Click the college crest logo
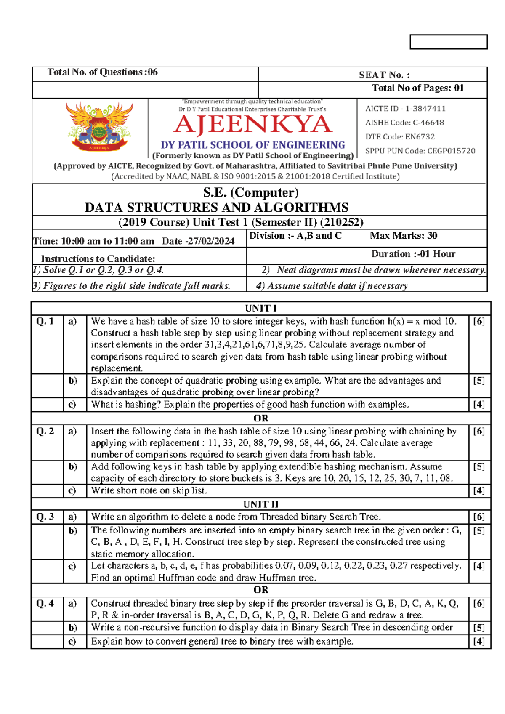click(x=99, y=126)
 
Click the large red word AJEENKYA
click(x=253, y=125)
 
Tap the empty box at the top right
click(x=448, y=42)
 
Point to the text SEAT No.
click(x=384, y=75)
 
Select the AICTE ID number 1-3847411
click(x=425, y=109)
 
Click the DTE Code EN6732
click(x=420, y=137)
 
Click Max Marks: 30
click(x=403, y=236)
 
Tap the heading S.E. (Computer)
click(x=250, y=192)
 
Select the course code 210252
click(x=342, y=222)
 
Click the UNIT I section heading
click(x=260, y=308)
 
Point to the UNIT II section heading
click(x=260, y=504)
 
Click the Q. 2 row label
click(x=45, y=431)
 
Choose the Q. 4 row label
click(x=45, y=603)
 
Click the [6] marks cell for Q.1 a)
click(x=479, y=321)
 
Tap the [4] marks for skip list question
click(x=479, y=490)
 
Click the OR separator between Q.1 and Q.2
click(x=260, y=418)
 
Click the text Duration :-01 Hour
click(x=413, y=254)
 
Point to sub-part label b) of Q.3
click(x=73, y=530)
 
